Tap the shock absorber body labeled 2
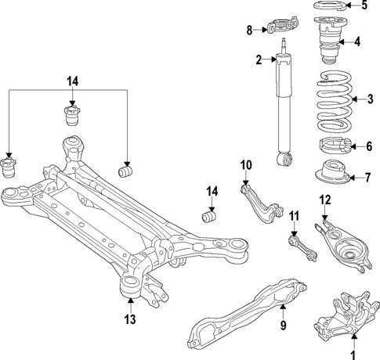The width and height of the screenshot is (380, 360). (282, 110)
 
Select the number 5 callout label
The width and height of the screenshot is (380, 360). (363, 6)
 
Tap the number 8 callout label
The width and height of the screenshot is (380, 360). (250, 31)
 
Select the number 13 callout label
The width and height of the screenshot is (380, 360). (130, 319)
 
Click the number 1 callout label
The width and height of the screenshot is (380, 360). (353, 354)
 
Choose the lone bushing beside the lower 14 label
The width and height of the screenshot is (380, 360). (210, 215)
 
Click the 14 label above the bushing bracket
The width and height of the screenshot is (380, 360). (72, 81)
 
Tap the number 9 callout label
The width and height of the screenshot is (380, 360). (284, 326)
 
